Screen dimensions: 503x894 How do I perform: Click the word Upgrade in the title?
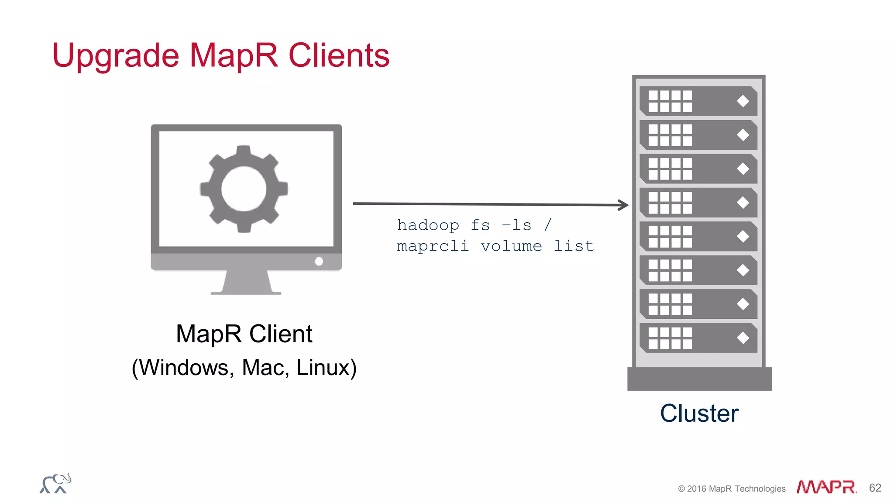click(115, 56)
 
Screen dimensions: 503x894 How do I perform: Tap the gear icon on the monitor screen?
click(244, 189)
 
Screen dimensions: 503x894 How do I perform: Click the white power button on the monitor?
click(319, 261)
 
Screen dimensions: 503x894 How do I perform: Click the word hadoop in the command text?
click(428, 225)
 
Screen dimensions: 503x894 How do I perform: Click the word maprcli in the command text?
click(433, 246)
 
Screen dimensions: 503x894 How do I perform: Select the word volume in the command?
click(511, 246)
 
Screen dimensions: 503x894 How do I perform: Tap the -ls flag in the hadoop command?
click(517, 225)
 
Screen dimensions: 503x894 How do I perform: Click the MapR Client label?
click(244, 334)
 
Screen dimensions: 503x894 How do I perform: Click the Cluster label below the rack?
click(699, 413)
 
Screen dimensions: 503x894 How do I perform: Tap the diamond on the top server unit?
click(743, 101)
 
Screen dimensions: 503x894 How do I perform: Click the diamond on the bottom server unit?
click(743, 338)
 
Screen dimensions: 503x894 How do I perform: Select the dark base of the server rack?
click(699, 379)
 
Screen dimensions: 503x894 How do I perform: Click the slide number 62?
click(875, 488)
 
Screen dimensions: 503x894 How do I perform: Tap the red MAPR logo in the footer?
click(826, 487)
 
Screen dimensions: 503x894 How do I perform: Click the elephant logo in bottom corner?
click(55, 484)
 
